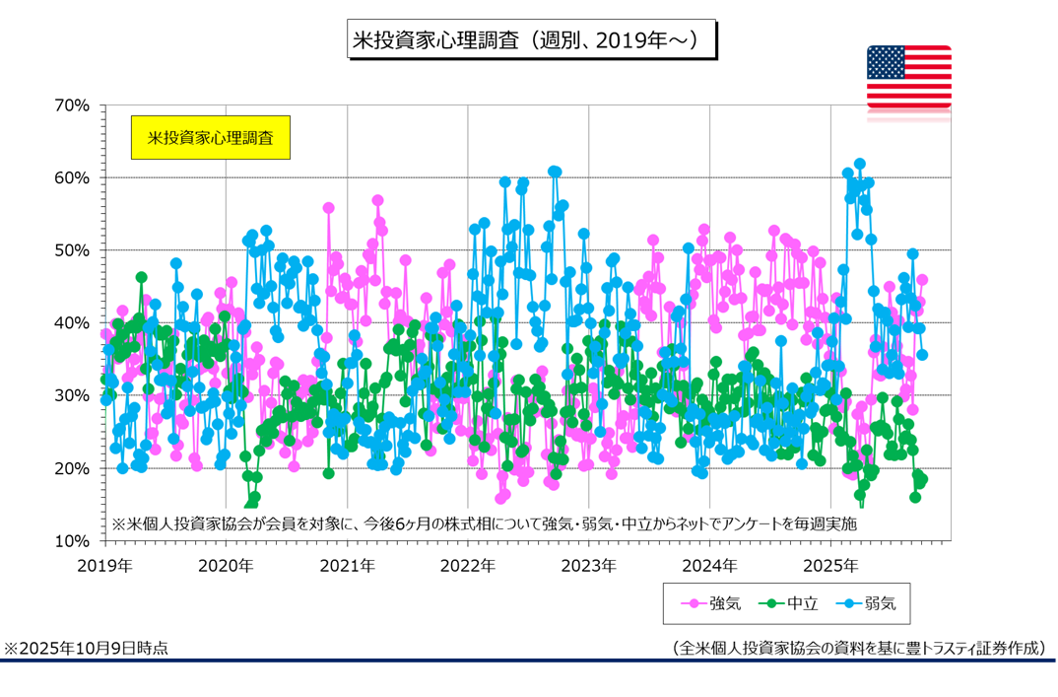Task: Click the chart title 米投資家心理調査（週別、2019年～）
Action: (532, 40)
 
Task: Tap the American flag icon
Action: (908, 77)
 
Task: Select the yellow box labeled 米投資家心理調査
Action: (211, 138)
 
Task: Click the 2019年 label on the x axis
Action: (104, 566)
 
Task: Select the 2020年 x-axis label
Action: (226, 566)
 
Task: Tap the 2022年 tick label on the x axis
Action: (467, 566)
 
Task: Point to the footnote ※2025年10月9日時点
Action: (87, 648)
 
